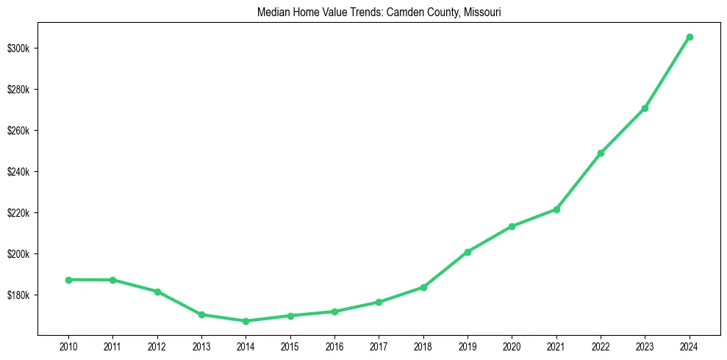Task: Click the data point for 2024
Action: point(690,37)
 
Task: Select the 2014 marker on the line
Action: point(246,321)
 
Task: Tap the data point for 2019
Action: point(468,252)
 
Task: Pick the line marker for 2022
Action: point(601,153)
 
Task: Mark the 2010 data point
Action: point(68,280)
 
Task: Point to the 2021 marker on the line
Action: point(556,209)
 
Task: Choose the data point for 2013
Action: point(201,314)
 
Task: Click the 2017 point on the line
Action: point(379,302)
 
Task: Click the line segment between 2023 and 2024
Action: point(667,73)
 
